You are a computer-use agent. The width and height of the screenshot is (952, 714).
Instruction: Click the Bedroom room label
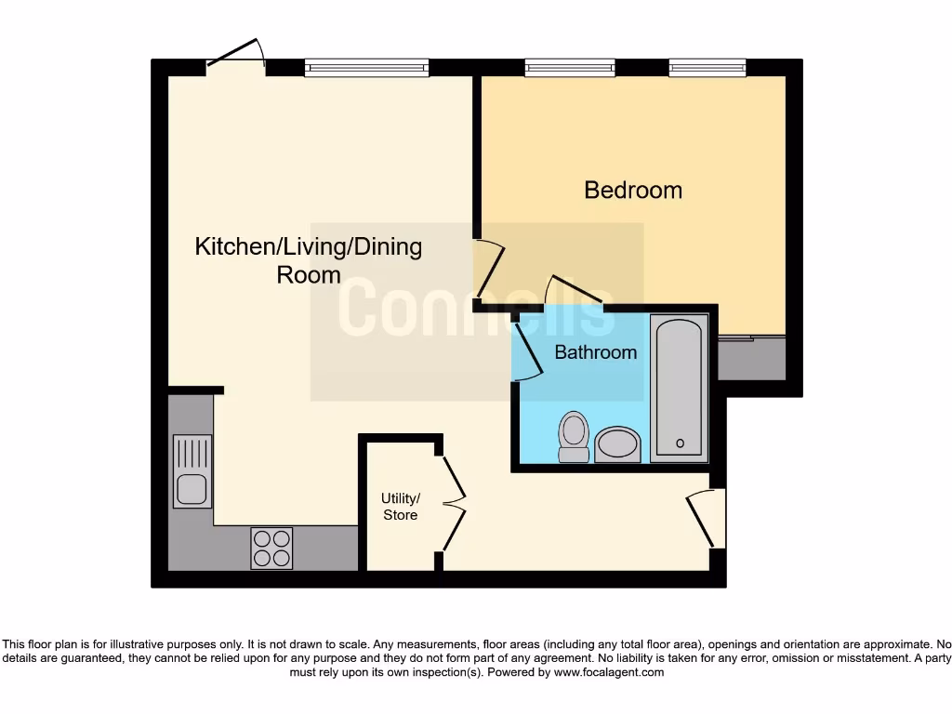(633, 191)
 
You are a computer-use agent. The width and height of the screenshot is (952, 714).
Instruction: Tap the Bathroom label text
(596, 352)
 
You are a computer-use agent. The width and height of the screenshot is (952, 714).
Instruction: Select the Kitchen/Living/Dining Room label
(308, 261)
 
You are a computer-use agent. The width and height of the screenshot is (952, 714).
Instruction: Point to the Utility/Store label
(401, 507)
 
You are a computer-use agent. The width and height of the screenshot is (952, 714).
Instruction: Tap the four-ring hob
(271, 548)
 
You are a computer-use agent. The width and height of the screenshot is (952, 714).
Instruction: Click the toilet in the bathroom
(575, 437)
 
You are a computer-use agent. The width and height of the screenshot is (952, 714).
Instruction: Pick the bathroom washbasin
(617, 444)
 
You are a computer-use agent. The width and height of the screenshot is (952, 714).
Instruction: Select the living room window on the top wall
(366, 67)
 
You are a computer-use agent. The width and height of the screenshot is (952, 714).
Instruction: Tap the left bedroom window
(569, 67)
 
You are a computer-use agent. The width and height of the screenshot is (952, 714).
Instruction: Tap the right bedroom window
(707, 67)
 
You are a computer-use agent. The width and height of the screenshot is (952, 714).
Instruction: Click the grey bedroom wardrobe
(751, 359)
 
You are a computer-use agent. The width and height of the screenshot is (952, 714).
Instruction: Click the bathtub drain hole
(680, 443)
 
